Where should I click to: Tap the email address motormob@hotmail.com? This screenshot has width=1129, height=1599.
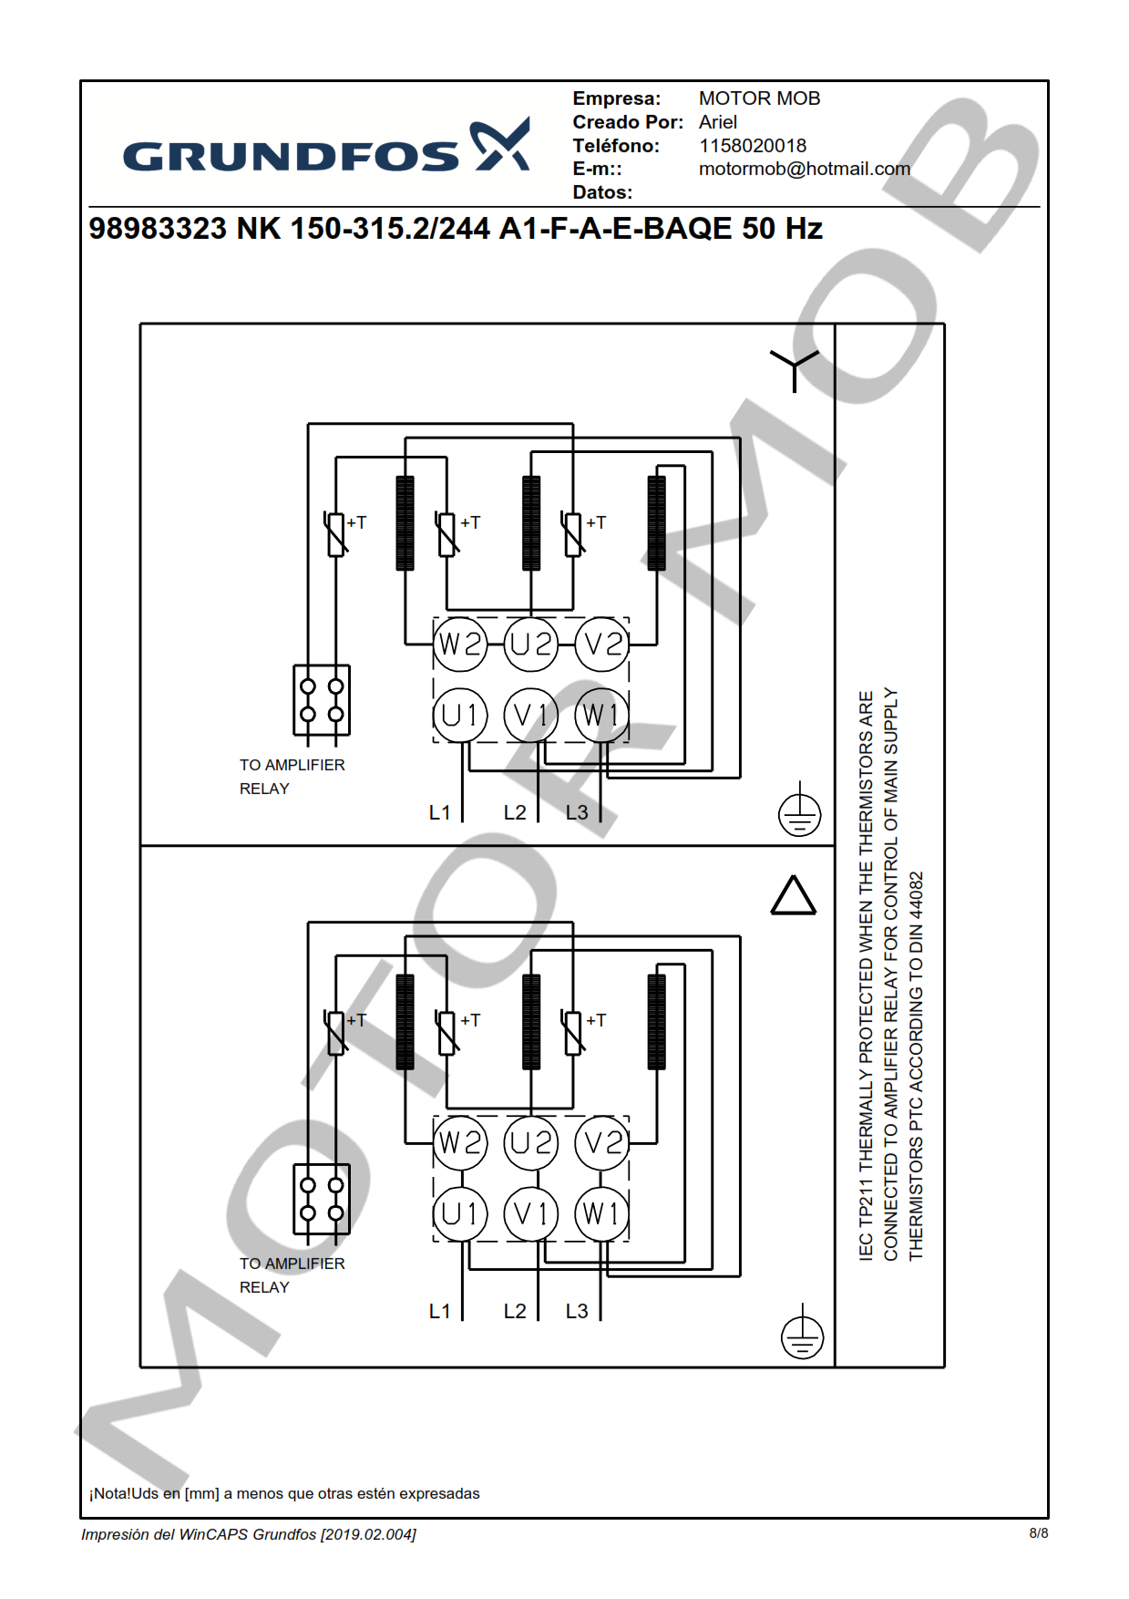pyautogui.click(x=804, y=169)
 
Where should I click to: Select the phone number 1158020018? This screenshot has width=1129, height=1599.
pyautogui.click(x=752, y=146)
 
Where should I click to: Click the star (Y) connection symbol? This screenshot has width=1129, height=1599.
pyautogui.click(x=794, y=367)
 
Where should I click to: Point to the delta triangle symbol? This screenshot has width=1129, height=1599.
pyautogui.click(x=794, y=896)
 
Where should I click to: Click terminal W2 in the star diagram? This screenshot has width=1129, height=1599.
pyautogui.click(x=460, y=644)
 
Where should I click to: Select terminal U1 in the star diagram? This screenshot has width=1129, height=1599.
pyautogui.click(x=460, y=715)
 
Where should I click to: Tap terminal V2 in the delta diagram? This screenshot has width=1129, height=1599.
pyautogui.click(x=602, y=1142)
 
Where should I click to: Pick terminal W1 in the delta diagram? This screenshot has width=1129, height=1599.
pyautogui.click(x=601, y=1213)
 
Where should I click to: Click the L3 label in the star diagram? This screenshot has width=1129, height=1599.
pyautogui.click(x=577, y=812)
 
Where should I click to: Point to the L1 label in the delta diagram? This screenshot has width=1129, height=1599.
pyautogui.click(x=439, y=1311)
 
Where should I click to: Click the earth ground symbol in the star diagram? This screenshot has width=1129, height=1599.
pyautogui.click(x=799, y=813)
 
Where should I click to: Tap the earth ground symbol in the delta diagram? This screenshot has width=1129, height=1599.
pyautogui.click(x=802, y=1336)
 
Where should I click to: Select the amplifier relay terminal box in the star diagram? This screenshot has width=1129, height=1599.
pyautogui.click(x=322, y=700)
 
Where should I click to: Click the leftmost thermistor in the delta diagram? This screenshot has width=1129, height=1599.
pyautogui.click(x=336, y=1032)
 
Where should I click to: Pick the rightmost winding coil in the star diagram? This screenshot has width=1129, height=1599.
pyautogui.click(x=656, y=523)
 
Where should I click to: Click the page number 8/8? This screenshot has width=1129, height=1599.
pyautogui.click(x=1038, y=1533)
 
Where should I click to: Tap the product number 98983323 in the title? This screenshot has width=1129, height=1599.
pyautogui.click(x=157, y=229)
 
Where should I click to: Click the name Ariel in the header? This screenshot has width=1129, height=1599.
pyautogui.click(x=717, y=122)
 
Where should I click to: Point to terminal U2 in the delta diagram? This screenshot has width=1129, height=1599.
pyautogui.click(x=531, y=1142)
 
